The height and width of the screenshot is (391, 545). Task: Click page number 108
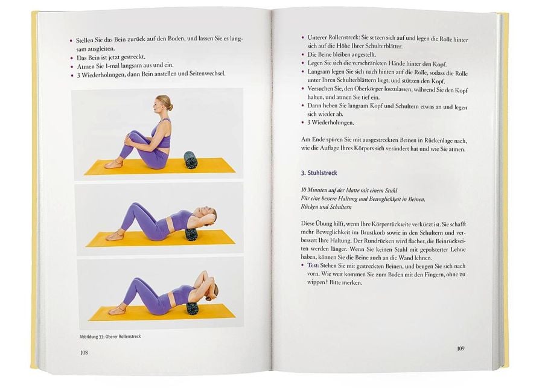(x=84, y=352)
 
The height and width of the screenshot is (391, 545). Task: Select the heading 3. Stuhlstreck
(x=319, y=173)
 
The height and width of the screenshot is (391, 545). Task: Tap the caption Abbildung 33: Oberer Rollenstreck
(x=110, y=337)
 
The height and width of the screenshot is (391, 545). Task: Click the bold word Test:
(x=313, y=265)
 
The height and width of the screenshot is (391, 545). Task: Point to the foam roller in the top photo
(x=190, y=159)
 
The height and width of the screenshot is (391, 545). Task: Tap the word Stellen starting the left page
(x=85, y=40)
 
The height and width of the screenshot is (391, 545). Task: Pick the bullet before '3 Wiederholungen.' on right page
(x=303, y=122)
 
